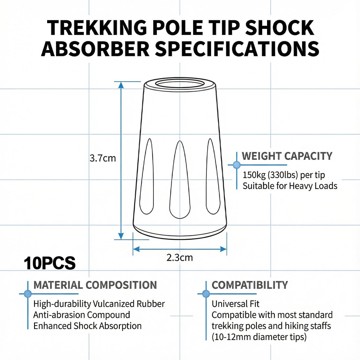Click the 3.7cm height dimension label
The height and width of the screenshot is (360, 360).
point(103,158)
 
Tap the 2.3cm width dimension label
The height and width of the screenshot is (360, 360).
point(180,258)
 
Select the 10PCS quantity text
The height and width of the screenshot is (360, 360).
point(50,263)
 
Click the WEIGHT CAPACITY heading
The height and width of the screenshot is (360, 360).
point(287,156)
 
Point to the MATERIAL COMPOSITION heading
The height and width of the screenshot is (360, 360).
point(95,285)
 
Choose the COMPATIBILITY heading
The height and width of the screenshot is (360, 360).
point(250,285)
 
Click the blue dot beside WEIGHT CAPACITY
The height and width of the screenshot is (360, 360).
point(237,165)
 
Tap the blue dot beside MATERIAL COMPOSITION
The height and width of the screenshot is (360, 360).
point(28,294)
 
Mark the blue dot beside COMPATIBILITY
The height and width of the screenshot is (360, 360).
point(206,294)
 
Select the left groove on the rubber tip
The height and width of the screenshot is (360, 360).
point(147,176)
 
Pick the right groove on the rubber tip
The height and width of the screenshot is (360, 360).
point(213,176)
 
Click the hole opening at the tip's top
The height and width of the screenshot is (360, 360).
point(180,83)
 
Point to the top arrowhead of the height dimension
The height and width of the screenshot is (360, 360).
point(121,85)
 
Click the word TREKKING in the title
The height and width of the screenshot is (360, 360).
point(97,28)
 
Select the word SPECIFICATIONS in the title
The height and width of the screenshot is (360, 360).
point(237,48)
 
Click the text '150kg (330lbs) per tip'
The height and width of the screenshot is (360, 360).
point(284,175)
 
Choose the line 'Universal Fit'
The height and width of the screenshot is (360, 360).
point(236,304)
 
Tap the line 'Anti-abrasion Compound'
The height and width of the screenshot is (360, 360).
point(82,315)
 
